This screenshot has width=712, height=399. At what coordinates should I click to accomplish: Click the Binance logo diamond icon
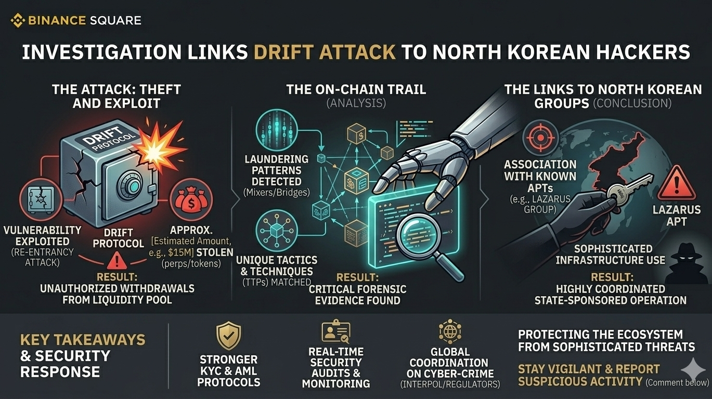tap(18, 21)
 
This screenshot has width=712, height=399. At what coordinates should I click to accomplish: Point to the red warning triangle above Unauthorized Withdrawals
tap(119, 258)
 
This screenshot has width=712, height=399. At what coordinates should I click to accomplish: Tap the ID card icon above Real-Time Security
tap(336, 332)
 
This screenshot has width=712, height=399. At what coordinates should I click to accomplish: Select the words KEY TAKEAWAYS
tap(83, 340)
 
